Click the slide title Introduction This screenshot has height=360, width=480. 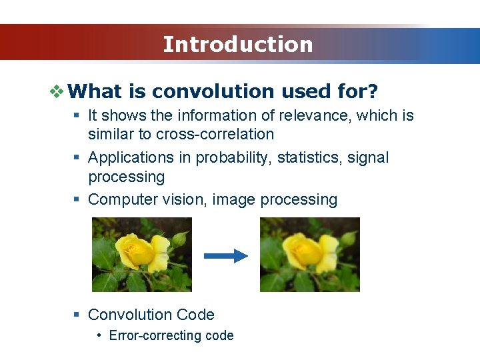[238, 44]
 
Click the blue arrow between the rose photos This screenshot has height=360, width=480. [225, 256]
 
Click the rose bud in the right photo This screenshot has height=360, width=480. [348, 238]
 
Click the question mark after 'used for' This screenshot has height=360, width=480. [373, 91]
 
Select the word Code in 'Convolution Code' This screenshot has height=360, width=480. [198, 315]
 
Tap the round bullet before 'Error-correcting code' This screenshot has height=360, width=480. [99, 335]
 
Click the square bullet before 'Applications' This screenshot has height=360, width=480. [77, 158]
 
